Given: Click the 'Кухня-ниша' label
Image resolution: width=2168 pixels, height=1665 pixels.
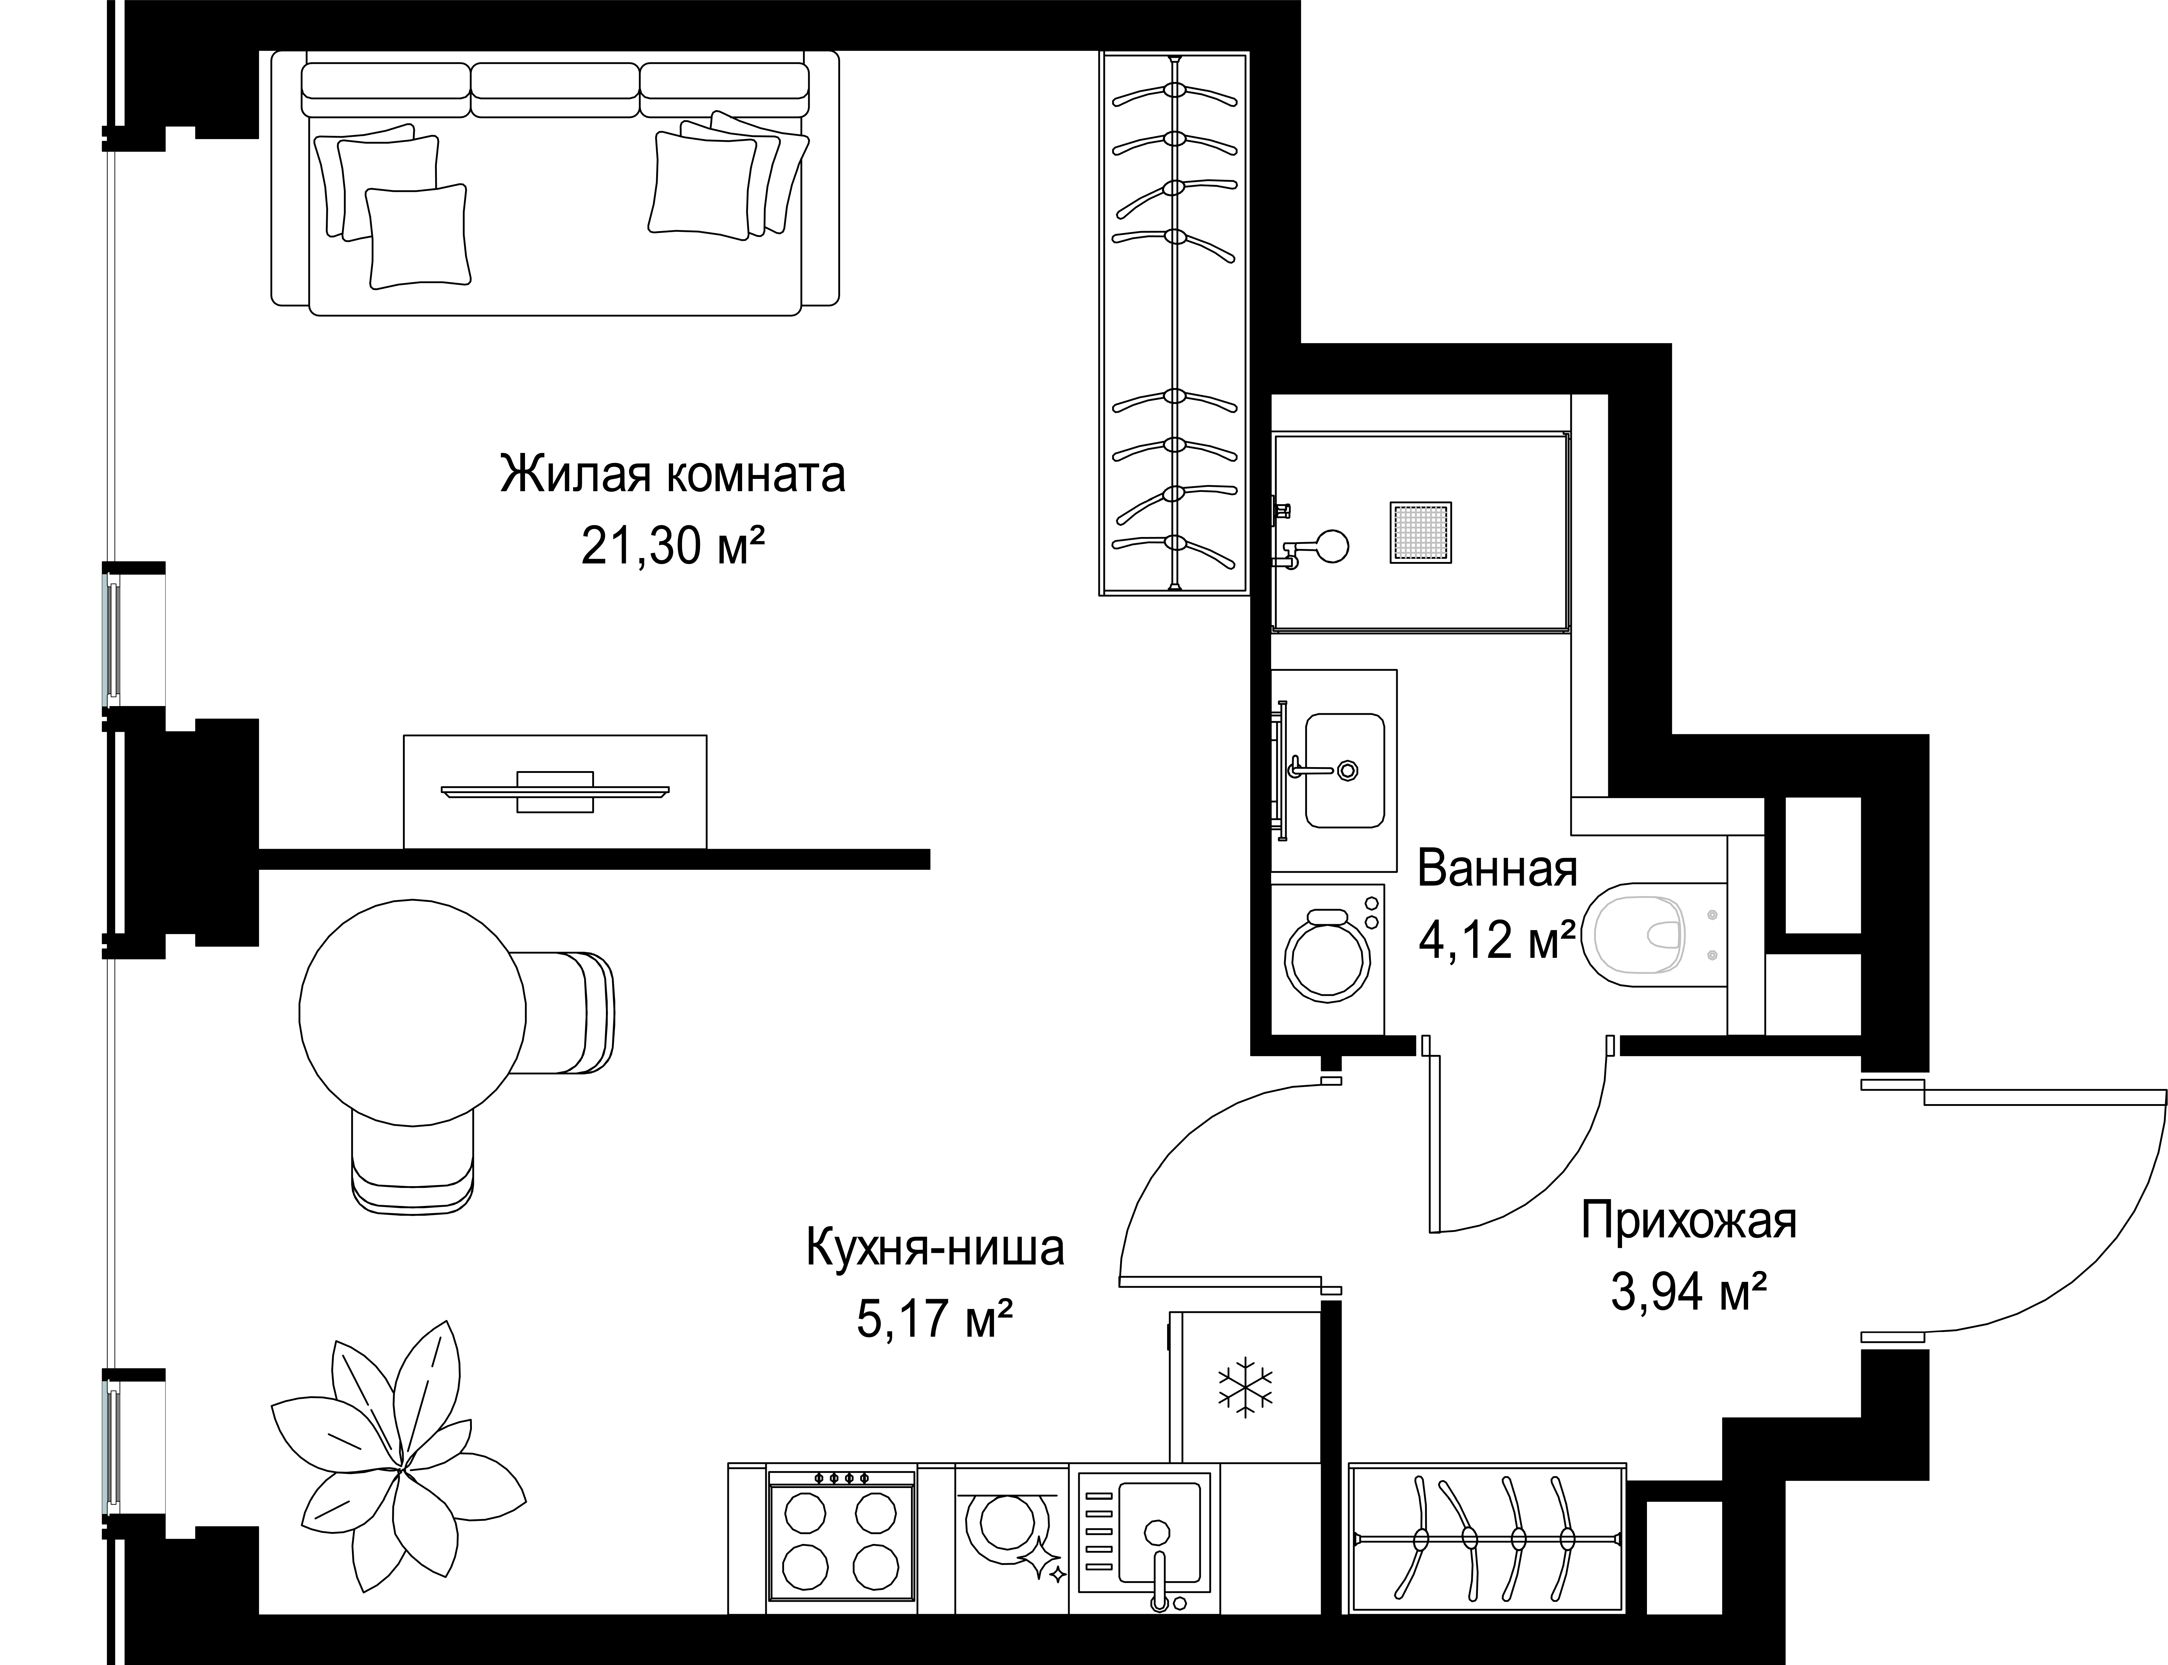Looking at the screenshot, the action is [x=935, y=1248].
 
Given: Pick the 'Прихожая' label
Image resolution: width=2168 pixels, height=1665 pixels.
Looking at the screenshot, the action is [x=1688, y=1221].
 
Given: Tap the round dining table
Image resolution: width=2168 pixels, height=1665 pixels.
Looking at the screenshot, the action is [x=412, y=1012].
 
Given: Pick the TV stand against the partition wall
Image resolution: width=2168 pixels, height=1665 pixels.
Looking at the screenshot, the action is [x=555, y=791].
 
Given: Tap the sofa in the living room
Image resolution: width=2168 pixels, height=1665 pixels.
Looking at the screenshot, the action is [x=555, y=183].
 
